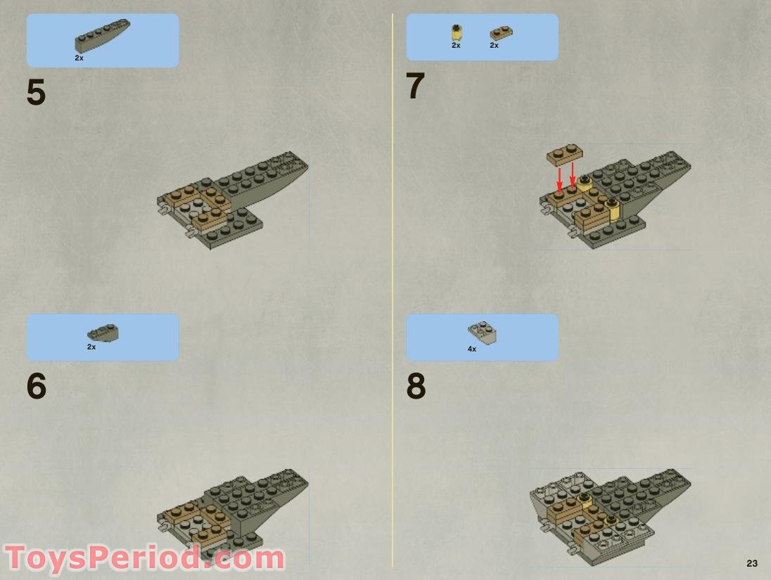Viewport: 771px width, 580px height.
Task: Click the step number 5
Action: [36, 93]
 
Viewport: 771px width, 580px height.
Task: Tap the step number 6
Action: [37, 386]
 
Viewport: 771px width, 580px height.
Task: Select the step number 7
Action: [415, 87]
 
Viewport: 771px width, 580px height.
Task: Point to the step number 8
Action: [416, 386]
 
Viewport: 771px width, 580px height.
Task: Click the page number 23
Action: [752, 563]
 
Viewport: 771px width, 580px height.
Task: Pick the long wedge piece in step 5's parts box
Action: [103, 36]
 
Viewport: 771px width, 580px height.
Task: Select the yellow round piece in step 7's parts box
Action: [457, 32]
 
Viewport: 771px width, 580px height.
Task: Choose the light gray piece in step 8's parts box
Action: [482, 332]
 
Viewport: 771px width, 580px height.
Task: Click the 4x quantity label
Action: [472, 349]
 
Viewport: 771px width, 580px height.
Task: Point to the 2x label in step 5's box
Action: [79, 58]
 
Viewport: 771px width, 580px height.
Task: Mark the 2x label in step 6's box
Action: [91, 347]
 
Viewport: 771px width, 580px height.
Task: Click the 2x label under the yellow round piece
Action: [456, 46]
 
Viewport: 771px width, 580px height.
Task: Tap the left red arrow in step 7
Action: [560, 179]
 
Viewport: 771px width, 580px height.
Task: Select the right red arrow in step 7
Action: [573, 176]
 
